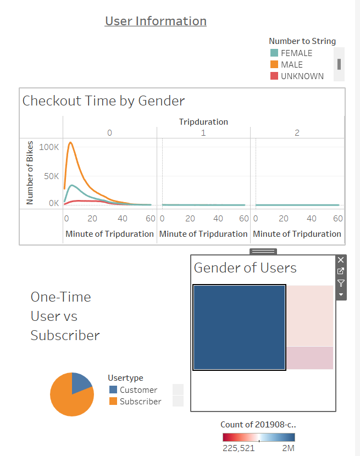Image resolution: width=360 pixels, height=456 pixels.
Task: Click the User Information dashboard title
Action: click(156, 21)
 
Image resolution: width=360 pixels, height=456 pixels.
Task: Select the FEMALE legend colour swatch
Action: click(274, 53)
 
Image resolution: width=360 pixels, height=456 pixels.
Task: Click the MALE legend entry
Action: click(291, 65)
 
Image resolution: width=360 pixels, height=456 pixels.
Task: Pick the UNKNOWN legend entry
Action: click(302, 76)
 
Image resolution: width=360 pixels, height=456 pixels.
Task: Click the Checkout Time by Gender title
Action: click(103, 101)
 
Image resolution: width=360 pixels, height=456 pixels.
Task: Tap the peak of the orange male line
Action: click(70, 142)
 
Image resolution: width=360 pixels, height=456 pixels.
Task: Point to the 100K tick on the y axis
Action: click(49, 147)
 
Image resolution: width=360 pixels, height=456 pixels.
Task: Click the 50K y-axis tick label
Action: click(51, 176)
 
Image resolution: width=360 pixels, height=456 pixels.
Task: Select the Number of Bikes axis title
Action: click(30, 173)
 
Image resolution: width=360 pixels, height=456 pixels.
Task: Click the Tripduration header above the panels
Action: click(203, 121)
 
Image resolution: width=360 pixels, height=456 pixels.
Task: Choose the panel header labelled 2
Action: click(297, 133)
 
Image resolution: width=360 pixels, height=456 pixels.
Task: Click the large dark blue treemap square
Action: click(239, 327)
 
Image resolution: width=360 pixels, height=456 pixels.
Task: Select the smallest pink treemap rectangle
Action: click(310, 358)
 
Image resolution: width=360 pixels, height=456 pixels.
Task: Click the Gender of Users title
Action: click(245, 268)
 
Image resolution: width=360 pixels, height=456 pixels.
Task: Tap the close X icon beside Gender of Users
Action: click(341, 260)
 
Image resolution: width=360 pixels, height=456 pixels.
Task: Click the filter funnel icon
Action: click(341, 283)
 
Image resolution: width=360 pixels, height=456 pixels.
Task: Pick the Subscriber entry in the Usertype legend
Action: click(141, 402)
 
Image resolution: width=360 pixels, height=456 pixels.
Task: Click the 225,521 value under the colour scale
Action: click(239, 448)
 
